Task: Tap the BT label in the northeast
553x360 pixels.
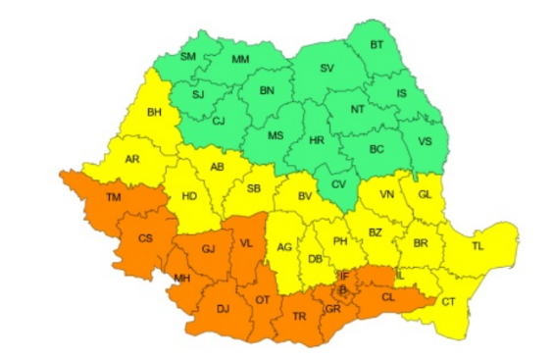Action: click(x=377, y=44)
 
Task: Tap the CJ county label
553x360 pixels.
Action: click(x=218, y=122)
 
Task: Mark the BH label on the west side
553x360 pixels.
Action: click(x=154, y=113)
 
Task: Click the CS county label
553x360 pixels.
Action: click(x=145, y=237)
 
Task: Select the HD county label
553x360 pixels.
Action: click(x=189, y=196)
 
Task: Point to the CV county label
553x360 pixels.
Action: click(x=338, y=184)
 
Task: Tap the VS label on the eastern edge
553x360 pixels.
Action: click(x=425, y=140)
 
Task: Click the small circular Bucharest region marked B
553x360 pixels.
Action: click(x=342, y=289)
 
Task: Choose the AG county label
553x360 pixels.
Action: click(x=285, y=246)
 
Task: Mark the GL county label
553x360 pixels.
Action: click(x=424, y=194)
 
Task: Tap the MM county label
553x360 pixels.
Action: click(x=239, y=61)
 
